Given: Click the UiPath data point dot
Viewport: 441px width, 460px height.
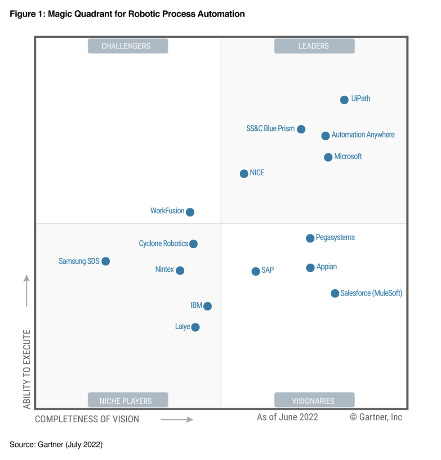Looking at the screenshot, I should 344,100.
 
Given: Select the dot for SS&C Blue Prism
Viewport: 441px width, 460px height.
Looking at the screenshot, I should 301,129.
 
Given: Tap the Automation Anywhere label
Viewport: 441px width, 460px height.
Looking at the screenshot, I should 363,135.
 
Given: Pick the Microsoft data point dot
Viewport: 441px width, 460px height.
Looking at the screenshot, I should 328,157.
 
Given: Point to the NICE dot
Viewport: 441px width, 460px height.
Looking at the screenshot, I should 244,173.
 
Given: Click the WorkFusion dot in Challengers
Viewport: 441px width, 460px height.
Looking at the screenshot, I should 190,212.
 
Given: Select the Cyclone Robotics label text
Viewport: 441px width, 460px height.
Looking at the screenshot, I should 163,243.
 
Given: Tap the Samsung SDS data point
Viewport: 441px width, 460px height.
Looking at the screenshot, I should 105,261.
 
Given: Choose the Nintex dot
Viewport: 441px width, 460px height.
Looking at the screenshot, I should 180,270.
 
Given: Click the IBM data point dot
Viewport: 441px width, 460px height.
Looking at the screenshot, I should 207,306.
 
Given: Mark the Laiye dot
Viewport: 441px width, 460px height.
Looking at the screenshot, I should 195,327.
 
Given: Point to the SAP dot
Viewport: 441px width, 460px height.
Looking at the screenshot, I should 255,271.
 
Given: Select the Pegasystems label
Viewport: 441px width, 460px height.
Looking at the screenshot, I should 335,237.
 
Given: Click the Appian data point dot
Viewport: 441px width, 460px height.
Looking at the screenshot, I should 310,268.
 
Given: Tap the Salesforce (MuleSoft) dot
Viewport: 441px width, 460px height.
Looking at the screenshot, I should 335,293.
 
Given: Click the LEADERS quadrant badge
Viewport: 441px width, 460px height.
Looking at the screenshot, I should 314,46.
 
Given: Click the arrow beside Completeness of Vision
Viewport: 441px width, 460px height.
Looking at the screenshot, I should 177,420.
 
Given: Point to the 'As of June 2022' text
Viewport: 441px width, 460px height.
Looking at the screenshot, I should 287,417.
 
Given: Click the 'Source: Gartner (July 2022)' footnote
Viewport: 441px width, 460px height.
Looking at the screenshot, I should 56,445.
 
